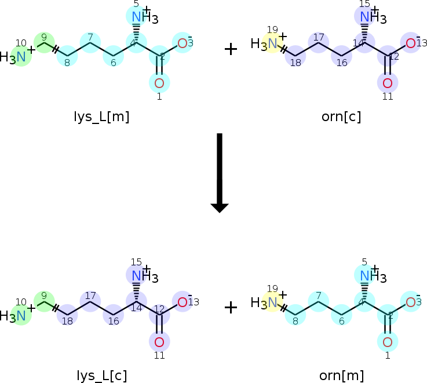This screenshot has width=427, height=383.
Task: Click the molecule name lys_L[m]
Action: pos(103,116)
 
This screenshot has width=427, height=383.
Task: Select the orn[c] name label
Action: pos(341,116)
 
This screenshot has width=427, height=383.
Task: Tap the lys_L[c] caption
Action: pos(101,375)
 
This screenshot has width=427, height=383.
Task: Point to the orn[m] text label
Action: pos(341,375)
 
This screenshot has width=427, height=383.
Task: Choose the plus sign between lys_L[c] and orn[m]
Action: pos(231,308)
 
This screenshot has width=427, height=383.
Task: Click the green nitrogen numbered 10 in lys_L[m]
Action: pos(21,57)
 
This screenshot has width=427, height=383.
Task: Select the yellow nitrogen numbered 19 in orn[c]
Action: pos(272,43)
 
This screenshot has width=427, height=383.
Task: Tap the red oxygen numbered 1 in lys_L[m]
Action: pos(159,83)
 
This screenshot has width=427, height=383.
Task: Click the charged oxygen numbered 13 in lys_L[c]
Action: pos(182,302)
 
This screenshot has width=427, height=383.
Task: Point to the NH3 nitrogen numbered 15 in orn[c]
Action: pos(364,16)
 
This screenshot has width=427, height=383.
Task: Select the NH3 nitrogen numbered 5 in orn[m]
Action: pos(364,275)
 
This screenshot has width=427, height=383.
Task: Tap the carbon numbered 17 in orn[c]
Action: pos(319,43)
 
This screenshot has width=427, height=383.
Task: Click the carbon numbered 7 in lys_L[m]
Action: pos(90,43)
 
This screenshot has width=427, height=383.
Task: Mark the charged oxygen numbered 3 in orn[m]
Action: pos(410,302)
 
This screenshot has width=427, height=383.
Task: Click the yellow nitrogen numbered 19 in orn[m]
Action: pos(272,302)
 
